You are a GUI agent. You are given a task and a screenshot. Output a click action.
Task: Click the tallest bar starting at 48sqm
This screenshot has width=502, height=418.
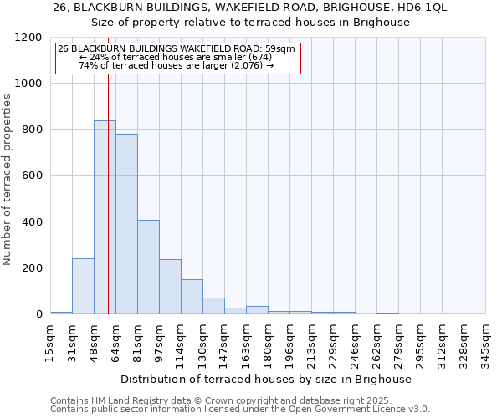pos(105,217)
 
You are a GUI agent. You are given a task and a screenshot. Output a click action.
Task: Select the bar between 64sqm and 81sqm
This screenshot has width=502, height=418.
pos(126,224)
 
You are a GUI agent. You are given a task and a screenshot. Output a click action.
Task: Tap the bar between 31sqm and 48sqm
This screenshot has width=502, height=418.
pos(83,286)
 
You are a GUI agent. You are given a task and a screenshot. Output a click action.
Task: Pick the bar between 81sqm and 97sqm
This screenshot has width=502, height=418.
pos(148,267)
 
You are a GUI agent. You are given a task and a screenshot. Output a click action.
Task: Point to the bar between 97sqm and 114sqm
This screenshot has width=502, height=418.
pos(170,287)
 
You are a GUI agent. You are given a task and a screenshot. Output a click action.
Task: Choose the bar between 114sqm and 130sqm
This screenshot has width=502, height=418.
pos(192,297)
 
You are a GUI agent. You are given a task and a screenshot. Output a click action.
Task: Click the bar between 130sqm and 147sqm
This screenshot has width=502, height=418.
pos(213,306)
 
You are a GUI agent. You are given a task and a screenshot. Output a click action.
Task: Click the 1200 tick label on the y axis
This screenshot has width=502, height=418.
pos(28,38)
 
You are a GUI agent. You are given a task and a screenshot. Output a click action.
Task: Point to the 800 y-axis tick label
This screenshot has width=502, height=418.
pos(31,130)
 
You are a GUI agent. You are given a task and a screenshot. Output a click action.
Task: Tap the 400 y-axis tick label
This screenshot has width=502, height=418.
pos(31,222)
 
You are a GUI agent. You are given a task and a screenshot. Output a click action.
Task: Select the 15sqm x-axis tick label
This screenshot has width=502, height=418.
pos(50,342)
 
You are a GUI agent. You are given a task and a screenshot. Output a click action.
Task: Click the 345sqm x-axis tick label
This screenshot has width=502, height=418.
pos(485,342)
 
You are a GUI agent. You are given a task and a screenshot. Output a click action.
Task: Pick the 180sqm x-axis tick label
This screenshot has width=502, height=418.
pos(268,342)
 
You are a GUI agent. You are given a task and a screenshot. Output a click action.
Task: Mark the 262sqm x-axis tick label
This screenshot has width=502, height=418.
pos(376,342)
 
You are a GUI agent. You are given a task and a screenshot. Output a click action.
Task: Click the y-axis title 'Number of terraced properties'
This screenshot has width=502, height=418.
pos(8,179)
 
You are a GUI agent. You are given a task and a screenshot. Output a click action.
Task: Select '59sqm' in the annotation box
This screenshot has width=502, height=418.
pos(279,48)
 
